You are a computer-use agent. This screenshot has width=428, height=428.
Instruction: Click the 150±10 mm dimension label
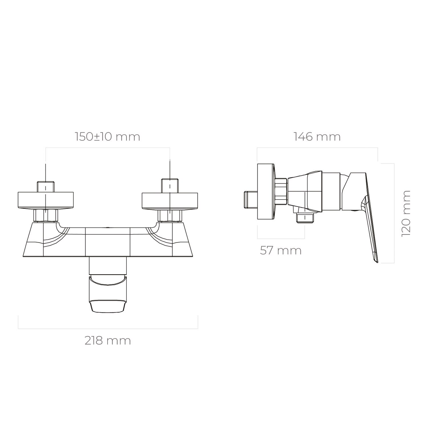pyautogui.click(x=108, y=137)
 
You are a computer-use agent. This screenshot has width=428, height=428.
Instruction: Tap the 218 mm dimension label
pyautogui.click(x=108, y=341)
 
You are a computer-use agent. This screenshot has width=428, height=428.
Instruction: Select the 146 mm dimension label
pyautogui.click(x=317, y=137)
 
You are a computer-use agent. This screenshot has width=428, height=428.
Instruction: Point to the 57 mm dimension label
pyautogui.click(x=281, y=251)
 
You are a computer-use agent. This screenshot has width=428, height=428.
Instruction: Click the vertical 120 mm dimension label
pyautogui.click(x=406, y=213)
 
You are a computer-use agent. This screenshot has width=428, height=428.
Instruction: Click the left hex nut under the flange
pyautogui.click(x=46, y=215)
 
